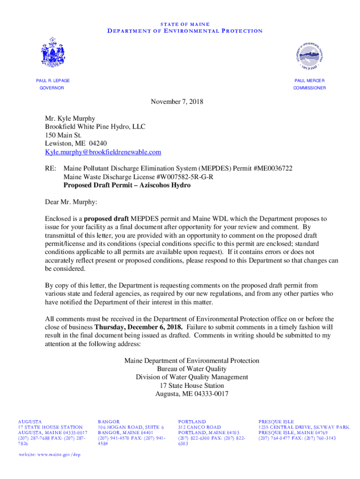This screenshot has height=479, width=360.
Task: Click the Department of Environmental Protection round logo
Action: pyautogui.click(x=310, y=56)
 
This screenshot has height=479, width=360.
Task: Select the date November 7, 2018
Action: pyautogui.click(x=177, y=102)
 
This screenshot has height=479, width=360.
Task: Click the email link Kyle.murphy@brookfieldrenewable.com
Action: pyautogui.click(x=103, y=152)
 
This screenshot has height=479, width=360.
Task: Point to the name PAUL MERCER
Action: pyautogui.click(x=310, y=81)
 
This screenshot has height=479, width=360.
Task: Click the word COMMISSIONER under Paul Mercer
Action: pyautogui.click(x=310, y=88)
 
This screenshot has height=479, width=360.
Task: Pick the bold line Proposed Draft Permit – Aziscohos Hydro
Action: pyautogui.click(x=127, y=185)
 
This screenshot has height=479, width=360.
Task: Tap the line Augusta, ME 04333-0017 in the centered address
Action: pyautogui.click(x=192, y=394)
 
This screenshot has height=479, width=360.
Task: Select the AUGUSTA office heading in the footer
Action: pyautogui.click(x=30, y=421)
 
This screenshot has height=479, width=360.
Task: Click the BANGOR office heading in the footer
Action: pyautogui.click(x=109, y=421)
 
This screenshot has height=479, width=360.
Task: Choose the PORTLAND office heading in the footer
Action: pyautogui.click(x=192, y=421)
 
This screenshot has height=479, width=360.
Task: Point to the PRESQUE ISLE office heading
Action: pyautogui.click(x=276, y=421)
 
